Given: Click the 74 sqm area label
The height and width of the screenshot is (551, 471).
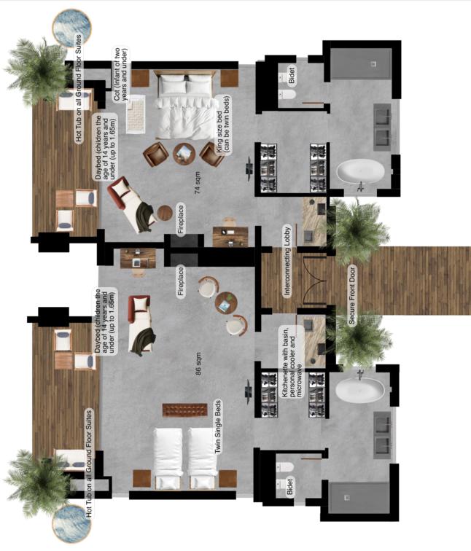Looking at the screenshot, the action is coord(198,183).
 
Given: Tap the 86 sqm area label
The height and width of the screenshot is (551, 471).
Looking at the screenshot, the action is coord(198,364).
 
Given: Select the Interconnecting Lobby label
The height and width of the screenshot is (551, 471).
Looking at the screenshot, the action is coord(287,261).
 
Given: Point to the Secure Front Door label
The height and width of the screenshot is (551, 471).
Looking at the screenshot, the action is coord(352,295).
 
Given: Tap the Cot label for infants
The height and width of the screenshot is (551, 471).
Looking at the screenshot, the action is coord(121,74).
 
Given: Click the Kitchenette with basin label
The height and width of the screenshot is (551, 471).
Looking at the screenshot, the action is coord(292,362).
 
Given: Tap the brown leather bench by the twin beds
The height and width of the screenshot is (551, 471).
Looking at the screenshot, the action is coord(184,410).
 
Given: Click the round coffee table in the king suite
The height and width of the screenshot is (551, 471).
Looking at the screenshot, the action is coord(184,153).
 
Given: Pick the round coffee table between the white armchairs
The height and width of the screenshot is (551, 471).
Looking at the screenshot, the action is coord(226,302).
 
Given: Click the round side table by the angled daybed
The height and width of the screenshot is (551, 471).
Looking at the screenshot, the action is coord(165,213).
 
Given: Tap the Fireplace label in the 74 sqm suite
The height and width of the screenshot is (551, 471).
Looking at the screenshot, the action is coord(181,219).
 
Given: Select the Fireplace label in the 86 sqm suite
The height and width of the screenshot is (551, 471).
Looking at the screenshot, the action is coord(181,281).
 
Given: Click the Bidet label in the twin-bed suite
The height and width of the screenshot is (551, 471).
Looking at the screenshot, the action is coord(290,486).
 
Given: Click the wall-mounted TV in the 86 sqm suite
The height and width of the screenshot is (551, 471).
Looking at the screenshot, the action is coord(249,390).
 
